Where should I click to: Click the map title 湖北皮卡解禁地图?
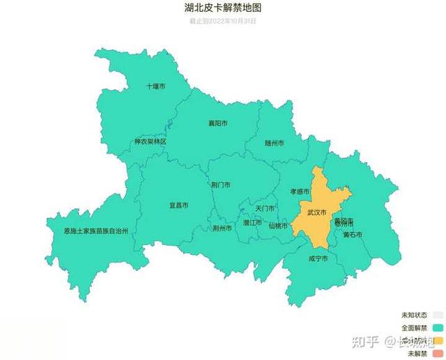point(223,9)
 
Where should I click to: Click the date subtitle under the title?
point(223,21)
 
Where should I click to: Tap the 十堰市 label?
point(156,87)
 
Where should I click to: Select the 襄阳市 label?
point(218,123)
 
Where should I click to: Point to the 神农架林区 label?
point(151,141)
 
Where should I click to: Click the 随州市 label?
point(275,143)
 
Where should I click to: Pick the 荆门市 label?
point(221,185)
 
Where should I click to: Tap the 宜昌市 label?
point(179,205)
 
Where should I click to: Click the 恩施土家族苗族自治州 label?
point(96,230)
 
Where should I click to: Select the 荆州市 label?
point(222,228)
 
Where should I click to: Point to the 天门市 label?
point(265,208)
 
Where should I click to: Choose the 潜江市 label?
point(252,223)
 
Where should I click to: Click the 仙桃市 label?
point(278,226)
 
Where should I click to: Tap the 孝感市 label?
point(300,191)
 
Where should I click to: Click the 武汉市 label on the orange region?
point(317,212)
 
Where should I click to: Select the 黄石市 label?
point(353,235)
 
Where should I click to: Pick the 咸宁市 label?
point(318,258)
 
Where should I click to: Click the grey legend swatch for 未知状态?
point(437,314)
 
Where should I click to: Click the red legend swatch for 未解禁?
point(437,353)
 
